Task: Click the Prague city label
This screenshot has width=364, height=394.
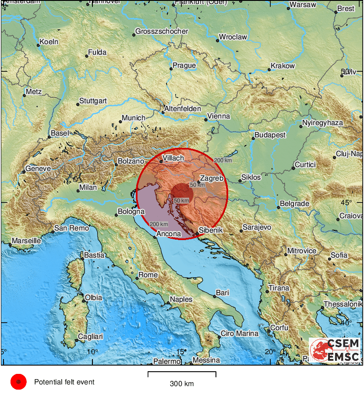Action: [184, 66]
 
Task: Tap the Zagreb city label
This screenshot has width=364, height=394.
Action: [212, 178]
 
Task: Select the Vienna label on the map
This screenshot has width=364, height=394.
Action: [219, 116]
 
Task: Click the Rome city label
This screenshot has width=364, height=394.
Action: [148, 275]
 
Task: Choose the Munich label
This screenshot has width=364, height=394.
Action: [133, 118]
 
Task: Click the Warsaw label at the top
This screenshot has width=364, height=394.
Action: [303, 5]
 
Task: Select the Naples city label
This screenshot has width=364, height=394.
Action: [181, 299]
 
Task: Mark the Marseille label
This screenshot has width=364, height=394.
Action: [26, 241]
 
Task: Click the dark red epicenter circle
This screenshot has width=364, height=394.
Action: [180, 193]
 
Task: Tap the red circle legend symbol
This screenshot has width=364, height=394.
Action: [19, 382]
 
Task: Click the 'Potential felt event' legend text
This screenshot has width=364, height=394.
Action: [64, 382]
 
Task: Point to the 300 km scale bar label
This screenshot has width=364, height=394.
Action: [182, 384]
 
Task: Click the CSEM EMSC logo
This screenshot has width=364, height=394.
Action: [335, 350]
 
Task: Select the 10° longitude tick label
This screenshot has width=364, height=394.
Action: [92, 351]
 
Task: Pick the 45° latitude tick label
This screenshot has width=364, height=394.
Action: [346, 202]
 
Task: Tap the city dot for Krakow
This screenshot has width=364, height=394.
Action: [269, 70]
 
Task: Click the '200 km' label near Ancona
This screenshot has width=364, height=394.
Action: [158, 224]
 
